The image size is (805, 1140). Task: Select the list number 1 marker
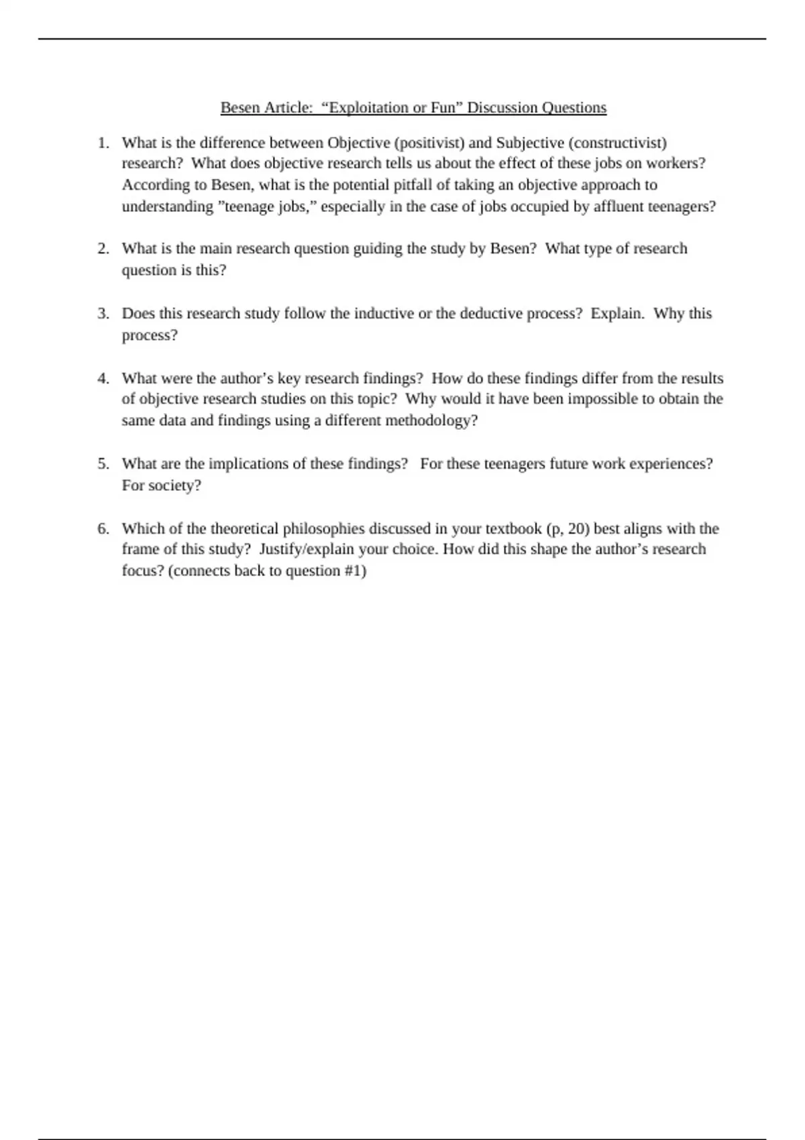(103, 143)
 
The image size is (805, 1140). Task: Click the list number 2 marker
(103, 249)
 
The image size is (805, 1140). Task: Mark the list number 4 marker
(103, 378)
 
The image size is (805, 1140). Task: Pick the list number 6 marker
(103, 528)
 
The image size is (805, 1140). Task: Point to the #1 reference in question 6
(352, 571)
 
